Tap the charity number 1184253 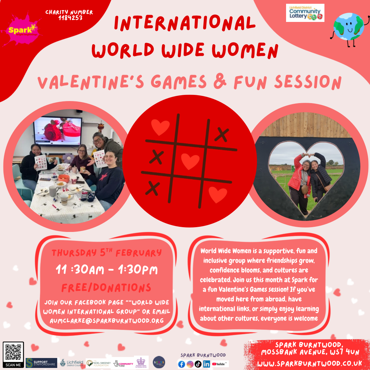69,15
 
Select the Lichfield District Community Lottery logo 305,13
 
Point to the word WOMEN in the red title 244,50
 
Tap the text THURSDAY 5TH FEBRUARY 106,253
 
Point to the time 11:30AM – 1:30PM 107,270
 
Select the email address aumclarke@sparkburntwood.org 107,320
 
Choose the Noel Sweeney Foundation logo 98,363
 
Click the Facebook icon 182,364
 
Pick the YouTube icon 220,364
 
